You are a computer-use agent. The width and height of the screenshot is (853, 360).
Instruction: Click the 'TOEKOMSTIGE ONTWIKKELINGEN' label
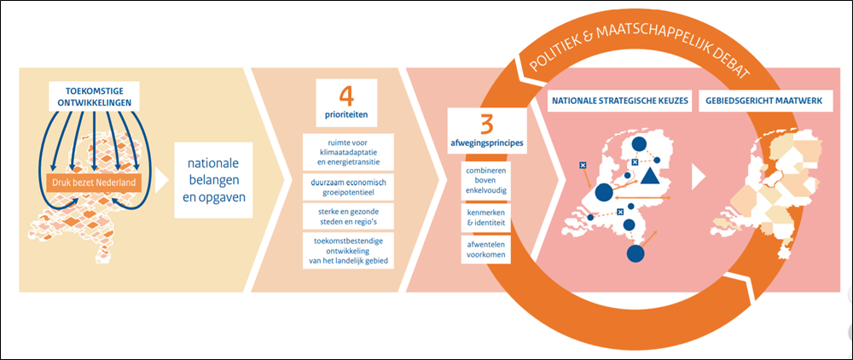(x=95, y=96)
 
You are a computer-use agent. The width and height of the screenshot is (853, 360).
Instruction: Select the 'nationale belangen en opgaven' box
(x=213, y=182)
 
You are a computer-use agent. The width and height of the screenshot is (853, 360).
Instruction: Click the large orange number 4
(x=346, y=95)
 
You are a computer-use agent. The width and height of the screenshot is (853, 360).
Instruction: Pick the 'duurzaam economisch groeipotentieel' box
(x=347, y=187)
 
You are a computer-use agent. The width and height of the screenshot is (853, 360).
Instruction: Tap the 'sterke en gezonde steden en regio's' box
(x=347, y=218)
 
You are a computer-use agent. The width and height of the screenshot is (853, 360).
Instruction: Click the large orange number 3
(x=486, y=121)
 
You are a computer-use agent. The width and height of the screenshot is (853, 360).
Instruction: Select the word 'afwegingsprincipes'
(x=486, y=142)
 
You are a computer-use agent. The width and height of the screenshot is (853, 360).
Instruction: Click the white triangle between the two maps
(x=699, y=176)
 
